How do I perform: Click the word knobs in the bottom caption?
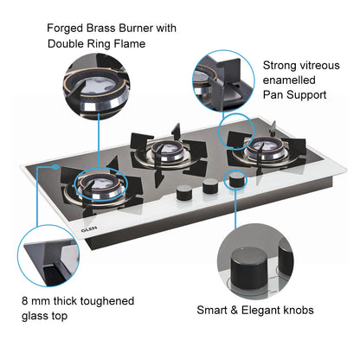tap(294, 309)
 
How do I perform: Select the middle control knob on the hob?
tap(209, 186)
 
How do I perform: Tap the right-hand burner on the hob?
tap(257, 151)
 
